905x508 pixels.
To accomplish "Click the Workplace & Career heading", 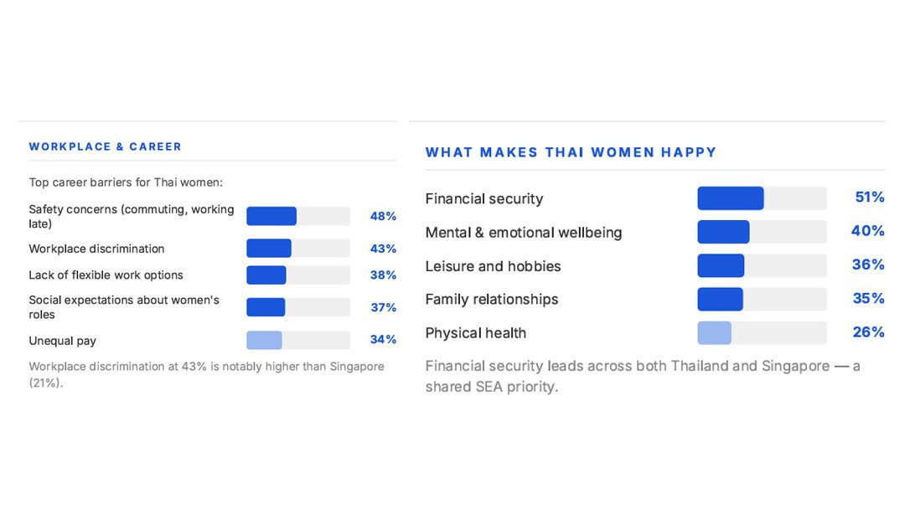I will coord(105,146).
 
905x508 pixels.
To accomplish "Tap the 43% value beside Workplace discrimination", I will coord(383,249).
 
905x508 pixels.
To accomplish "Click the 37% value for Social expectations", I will coord(383,307).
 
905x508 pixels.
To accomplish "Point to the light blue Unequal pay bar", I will coord(264,340).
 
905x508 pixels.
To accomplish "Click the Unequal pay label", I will coord(62,341).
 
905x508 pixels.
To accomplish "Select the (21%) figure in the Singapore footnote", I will coord(45,382).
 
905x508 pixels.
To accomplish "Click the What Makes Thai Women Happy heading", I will coord(571,152).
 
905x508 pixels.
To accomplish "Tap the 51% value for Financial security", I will coord(869,198).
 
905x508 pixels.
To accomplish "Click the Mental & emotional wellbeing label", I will coord(523,233).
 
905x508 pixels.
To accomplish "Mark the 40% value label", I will coord(867,231).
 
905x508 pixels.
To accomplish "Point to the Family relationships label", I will coord(491,300).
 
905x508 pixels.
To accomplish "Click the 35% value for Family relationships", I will coord(867,299).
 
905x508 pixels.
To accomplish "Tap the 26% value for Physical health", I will coord(868,332).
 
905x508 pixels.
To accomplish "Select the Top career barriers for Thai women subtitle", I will coord(126,182).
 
